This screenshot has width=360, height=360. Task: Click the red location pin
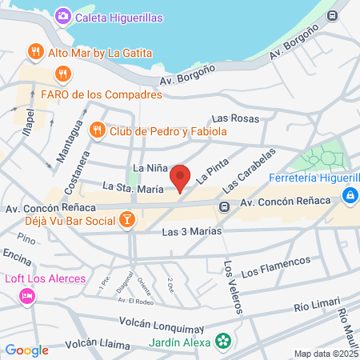[x=181, y=178]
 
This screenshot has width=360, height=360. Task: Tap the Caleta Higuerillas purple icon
[x=62, y=16]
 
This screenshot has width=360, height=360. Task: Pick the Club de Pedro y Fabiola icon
[x=97, y=129]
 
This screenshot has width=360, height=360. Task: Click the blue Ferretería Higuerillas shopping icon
[x=350, y=195]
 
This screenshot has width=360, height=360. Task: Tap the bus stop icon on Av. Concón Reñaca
[x=226, y=206]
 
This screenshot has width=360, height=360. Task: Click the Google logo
[x=26, y=350]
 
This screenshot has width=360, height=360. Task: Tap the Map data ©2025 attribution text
[x=326, y=354]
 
